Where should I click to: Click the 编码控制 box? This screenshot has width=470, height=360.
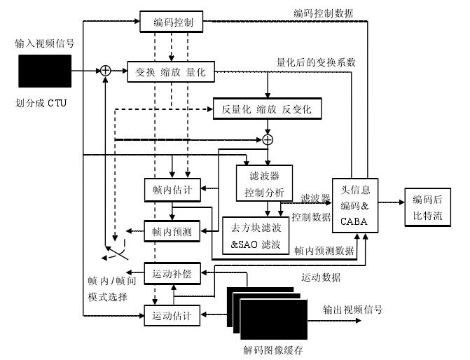170,22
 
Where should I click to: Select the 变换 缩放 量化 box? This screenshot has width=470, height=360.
170,71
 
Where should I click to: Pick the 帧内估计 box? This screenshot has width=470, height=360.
172,188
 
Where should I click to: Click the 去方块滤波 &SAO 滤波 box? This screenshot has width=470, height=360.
255,236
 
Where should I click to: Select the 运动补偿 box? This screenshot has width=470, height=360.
172,274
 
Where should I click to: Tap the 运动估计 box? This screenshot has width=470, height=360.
172,315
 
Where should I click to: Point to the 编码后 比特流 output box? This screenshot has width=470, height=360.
427,207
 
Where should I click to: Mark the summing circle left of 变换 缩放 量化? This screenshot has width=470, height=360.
105,70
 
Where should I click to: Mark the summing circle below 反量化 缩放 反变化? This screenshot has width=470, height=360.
267,139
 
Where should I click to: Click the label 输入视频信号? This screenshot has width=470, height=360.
45,43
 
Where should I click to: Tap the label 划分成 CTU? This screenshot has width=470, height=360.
43,104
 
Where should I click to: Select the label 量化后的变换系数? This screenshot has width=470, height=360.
317,62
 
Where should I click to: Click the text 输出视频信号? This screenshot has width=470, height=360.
352,309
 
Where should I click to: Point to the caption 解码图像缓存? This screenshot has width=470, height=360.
272,349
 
